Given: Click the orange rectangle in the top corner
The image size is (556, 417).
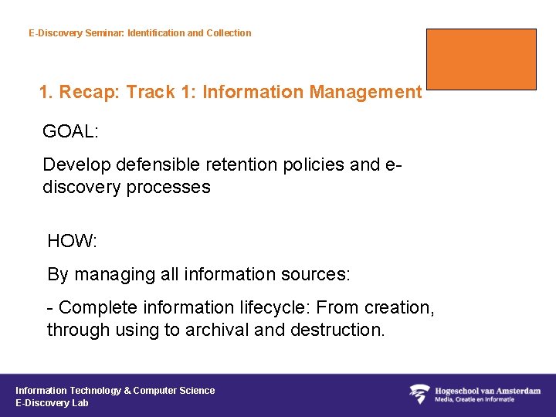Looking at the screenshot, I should tap(481, 59).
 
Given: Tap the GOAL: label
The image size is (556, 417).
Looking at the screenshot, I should tap(70, 131).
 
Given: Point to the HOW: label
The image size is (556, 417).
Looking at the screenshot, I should tap(72, 241).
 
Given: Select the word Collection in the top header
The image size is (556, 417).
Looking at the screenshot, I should tap(229, 33).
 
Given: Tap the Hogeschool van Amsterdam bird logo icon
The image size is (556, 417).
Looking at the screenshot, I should tap(419, 394).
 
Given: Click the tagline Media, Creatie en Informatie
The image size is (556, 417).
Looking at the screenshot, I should tap(475, 399).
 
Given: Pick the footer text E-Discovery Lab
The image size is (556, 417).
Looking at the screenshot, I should tap(52, 402).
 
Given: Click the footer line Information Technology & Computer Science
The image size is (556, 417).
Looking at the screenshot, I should tap(115, 390).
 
